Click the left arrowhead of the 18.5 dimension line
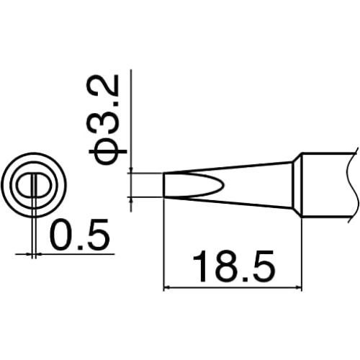169,288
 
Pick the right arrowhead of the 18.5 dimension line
297,288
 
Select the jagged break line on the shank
354,184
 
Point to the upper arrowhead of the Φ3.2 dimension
131,170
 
